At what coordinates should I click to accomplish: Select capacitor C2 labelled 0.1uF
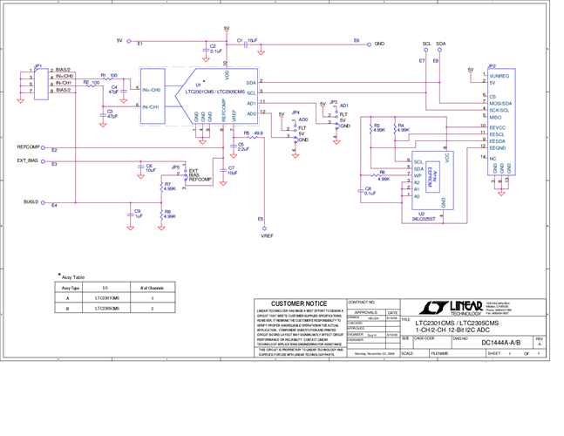(214, 49)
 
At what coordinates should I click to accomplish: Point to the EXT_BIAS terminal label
(27, 160)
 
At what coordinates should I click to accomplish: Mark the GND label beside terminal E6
(379, 42)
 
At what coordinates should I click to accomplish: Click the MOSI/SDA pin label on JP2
(500, 103)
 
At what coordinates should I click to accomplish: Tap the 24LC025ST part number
(425, 218)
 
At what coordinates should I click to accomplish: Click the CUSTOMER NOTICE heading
(300, 303)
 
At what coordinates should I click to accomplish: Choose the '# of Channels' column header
(152, 287)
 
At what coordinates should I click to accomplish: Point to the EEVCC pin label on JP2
(499, 127)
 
